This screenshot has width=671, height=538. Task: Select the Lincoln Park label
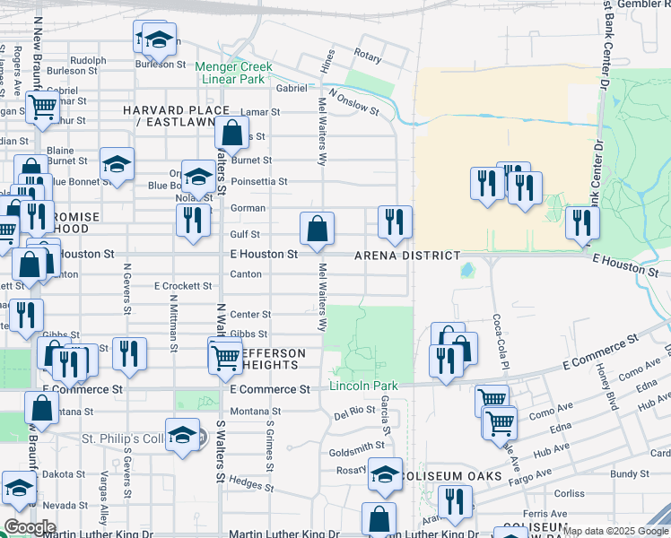[x=363, y=386]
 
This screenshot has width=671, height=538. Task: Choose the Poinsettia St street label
[x=258, y=181]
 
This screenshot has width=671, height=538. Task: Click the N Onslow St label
[x=353, y=102]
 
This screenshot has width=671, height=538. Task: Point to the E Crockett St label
[x=182, y=286]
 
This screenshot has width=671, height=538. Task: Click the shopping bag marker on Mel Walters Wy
[x=317, y=230]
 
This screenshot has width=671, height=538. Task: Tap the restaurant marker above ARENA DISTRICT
[x=395, y=222]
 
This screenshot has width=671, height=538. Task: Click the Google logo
[x=30, y=527]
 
